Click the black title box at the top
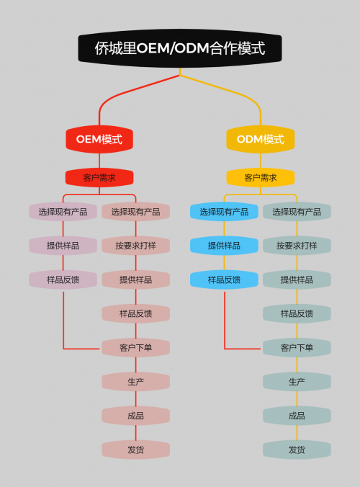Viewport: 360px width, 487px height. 180,48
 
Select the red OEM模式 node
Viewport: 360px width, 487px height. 99,139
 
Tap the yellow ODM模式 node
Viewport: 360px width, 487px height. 261,139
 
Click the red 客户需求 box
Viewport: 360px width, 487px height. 99,178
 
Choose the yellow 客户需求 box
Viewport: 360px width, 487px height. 261,178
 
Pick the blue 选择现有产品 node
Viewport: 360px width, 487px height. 224,212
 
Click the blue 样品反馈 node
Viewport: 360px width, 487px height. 224,280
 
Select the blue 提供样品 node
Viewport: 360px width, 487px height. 224,246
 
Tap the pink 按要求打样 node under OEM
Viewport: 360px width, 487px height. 135,246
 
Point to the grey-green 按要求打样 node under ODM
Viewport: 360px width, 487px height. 297,246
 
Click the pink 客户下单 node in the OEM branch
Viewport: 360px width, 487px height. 135,347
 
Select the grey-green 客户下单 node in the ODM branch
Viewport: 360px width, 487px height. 297,347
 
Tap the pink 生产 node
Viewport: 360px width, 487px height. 135,382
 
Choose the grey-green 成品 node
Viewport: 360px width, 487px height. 297,416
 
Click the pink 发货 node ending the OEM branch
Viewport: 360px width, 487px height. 135,450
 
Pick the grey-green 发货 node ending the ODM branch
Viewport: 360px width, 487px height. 297,450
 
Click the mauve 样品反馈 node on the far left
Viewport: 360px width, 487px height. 63,280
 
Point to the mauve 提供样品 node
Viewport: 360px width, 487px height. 63,246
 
